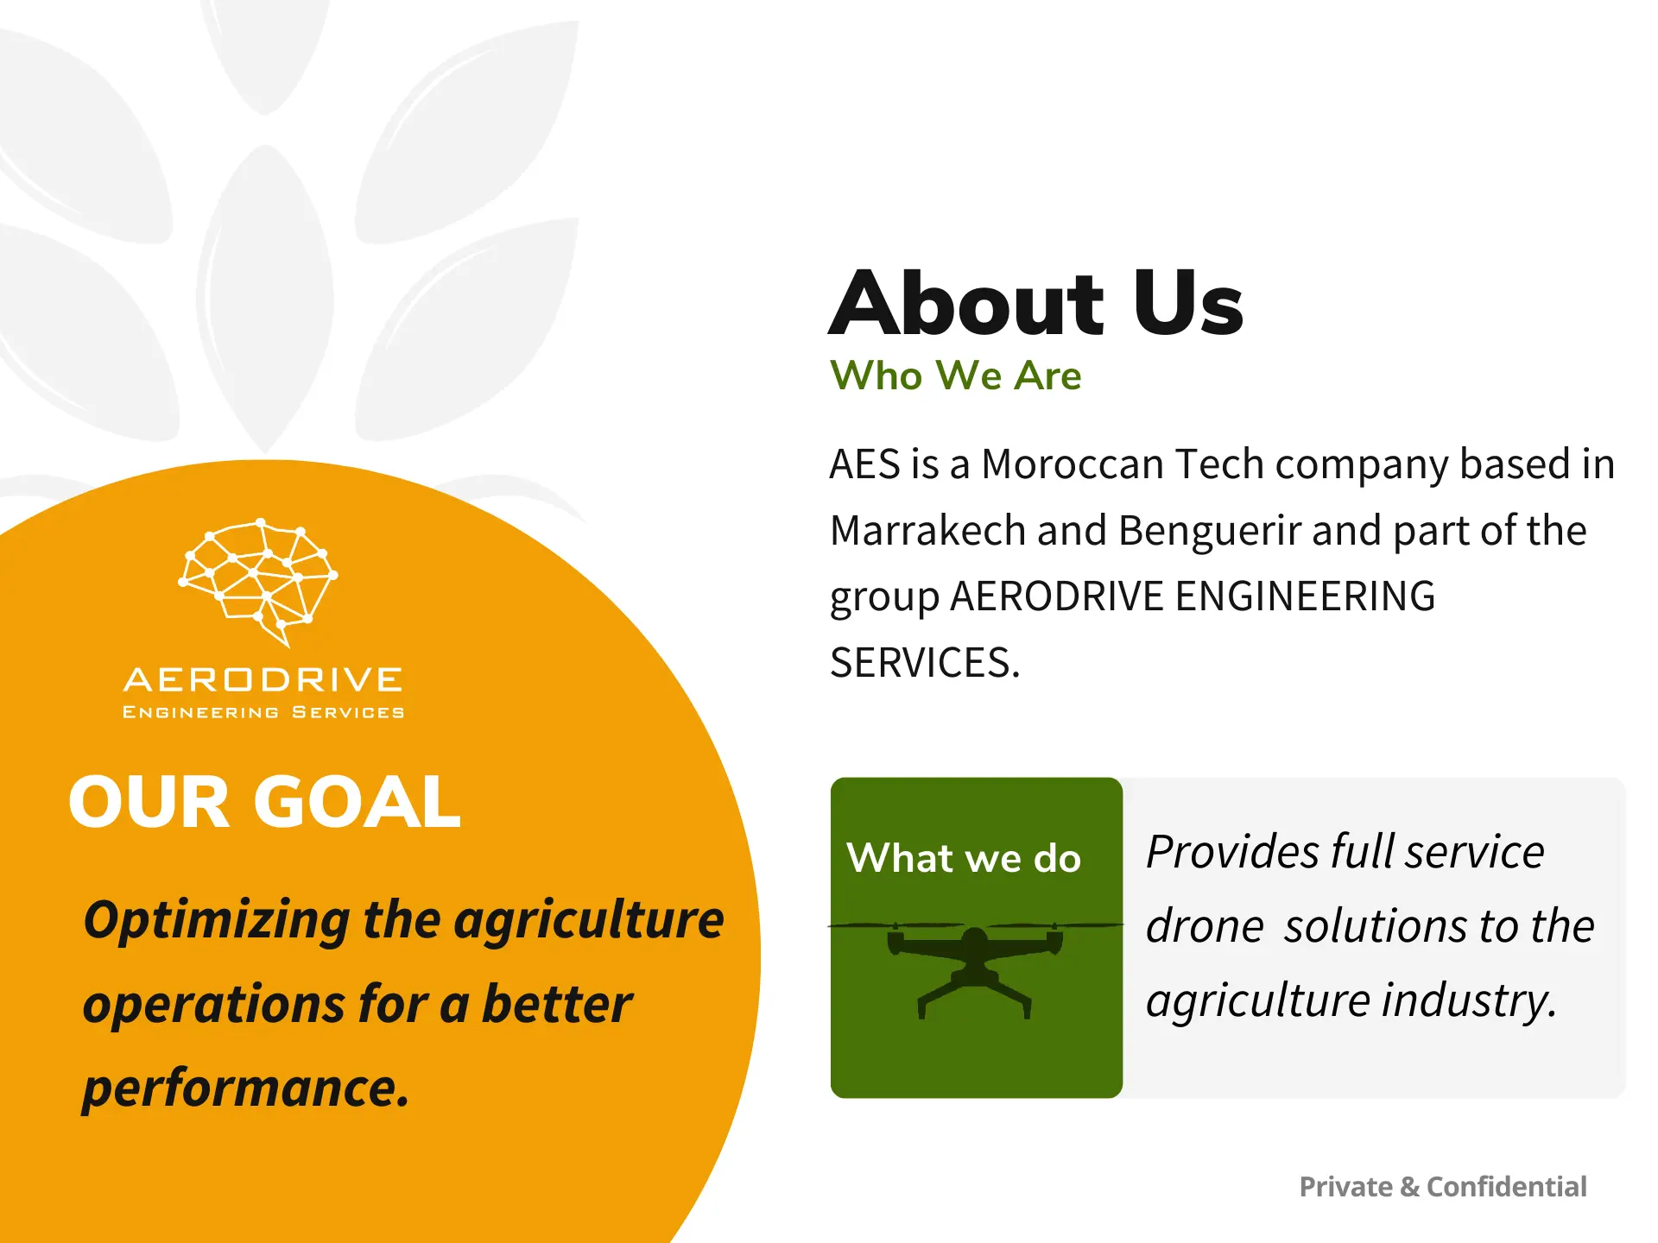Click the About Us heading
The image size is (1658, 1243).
point(1035,303)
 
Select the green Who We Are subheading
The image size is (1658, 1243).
point(955,376)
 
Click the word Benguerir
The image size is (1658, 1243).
point(1209,531)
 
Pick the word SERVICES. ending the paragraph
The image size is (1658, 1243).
point(924,663)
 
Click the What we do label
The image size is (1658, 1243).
point(964,859)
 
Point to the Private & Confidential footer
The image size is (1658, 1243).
point(1442,1187)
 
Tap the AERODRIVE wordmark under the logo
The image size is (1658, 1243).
point(263,680)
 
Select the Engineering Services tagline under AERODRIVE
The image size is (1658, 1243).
point(263,712)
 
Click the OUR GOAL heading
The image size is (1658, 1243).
point(264,802)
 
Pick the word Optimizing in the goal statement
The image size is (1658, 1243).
point(217,920)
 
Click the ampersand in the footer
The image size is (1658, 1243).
point(1409,1187)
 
